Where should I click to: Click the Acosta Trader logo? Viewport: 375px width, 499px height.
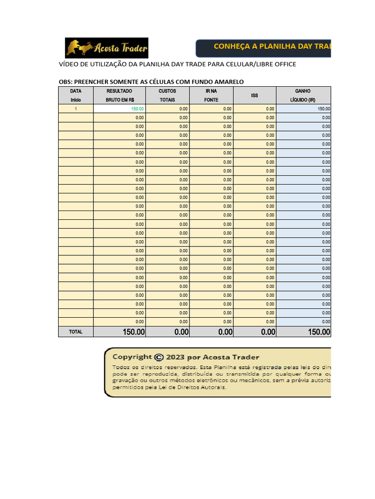(x=106, y=48)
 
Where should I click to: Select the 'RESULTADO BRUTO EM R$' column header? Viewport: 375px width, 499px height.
(x=120, y=95)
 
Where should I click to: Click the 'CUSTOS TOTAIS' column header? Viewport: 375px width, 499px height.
(x=167, y=95)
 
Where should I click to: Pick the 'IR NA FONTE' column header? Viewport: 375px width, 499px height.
(x=211, y=95)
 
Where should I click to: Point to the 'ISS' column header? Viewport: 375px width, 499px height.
(x=254, y=96)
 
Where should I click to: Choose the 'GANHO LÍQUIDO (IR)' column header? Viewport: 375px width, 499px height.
(x=303, y=95)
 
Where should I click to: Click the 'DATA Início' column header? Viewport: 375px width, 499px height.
(x=76, y=95)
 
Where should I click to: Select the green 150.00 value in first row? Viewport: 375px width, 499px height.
(x=137, y=109)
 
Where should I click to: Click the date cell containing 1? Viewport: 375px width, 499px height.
(x=76, y=109)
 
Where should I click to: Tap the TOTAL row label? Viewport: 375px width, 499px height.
(x=76, y=332)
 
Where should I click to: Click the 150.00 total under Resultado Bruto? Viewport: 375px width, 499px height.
(x=133, y=332)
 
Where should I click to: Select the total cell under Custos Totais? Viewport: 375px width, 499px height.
(x=181, y=332)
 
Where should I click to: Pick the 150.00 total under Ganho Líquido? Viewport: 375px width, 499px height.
(x=318, y=332)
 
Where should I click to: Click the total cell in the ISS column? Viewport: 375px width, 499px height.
(x=268, y=332)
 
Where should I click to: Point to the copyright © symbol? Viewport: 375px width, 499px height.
(x=159, y=357)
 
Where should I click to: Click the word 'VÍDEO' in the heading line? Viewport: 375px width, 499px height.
(x=68, y=64)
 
